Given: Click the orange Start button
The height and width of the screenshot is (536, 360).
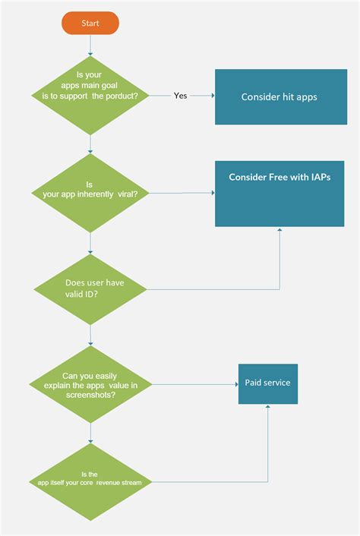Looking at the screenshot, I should click(x=90, y=24).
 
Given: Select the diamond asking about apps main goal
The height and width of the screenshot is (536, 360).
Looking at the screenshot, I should click(x=90, y=96).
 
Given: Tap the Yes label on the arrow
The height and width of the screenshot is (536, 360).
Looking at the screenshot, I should click(x=181, y=96).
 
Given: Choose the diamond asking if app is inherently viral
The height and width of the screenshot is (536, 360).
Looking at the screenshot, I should click(x=90, y=193).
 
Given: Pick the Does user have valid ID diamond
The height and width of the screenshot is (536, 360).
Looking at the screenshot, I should click(x=90, y=288).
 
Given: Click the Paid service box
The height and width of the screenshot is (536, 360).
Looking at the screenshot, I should click(x=267, y=383).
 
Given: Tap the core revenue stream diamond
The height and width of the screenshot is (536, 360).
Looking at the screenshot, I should click(x=90, y=480).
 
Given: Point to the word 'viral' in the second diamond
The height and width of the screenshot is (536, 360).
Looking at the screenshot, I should click(x=127, y=194).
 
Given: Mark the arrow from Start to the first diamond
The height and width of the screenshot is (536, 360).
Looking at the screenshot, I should click(x=90, y=45).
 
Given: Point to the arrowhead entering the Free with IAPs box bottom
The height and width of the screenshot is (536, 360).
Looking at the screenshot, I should click(x=280, y=229).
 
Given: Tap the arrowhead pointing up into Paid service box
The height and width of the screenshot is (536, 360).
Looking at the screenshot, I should click(x=267, y=407).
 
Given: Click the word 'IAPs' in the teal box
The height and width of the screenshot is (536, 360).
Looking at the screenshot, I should click(x=317, y=177).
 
